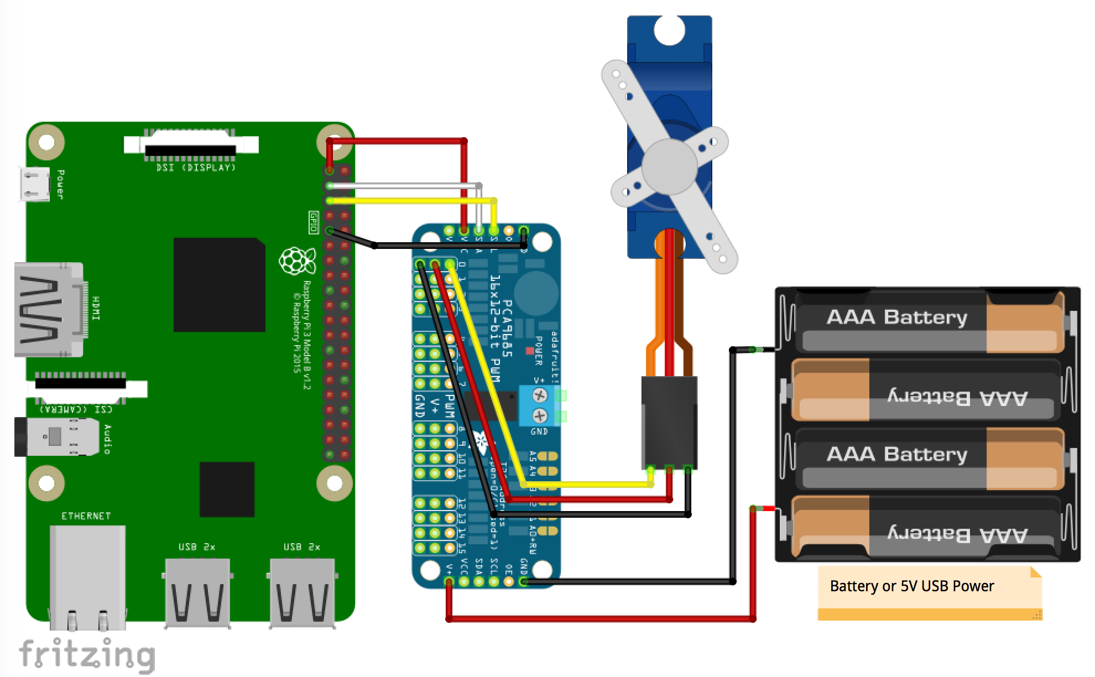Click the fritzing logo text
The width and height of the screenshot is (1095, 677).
pyautogui.click(x=87, y=654)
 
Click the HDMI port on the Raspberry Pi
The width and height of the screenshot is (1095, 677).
pyautogui.click(x=49, y=309)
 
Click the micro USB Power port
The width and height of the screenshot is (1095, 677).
pyautogui.click(x=34, y=184)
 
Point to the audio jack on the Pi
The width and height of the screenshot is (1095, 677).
pyautogui.click(x=55, y=437)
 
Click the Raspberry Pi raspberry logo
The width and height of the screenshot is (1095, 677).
pyautogui.click(x=297, y=261)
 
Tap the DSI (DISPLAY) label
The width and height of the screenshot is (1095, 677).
pyautogui.click(x=196, y=168)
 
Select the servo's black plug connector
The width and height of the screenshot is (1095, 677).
pyautogui.click(x=669, y=422)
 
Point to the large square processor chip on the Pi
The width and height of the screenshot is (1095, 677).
pyautogui.click(x=219, y=285)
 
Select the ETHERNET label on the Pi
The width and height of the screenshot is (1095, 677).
pyautogui.click(x=86, y=516)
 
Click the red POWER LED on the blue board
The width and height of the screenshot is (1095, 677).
pyautogui.click(x=530, y=350)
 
